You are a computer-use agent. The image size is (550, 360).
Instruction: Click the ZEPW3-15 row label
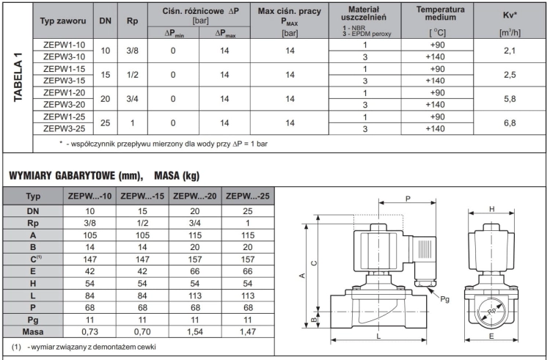pos(65,81)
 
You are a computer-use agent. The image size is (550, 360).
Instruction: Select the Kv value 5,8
pos(510,99)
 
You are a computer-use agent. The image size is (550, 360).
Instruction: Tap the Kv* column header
pos(510,15)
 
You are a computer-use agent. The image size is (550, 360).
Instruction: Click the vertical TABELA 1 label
pos(18,78)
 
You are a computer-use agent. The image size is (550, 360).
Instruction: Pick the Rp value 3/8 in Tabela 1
pos(132,51)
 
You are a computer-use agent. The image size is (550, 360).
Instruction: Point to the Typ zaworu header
pos(63,21)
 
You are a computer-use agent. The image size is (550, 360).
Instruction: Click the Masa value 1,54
pos(195,331)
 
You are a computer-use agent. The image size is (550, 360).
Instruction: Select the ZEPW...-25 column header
pos(248,196)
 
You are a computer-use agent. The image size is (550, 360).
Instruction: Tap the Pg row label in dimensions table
pos(33,320)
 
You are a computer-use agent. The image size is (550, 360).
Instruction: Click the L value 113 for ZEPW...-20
pos(195,296)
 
